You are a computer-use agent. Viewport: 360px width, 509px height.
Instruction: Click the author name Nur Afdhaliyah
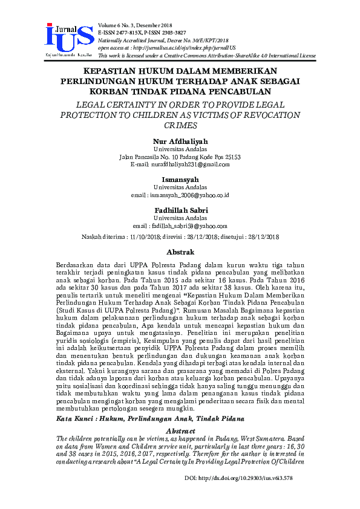tap(180, 141)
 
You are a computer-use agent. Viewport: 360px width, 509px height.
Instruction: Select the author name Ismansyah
tap(180, 180)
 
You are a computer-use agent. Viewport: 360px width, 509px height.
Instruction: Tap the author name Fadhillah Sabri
tap(180, 210)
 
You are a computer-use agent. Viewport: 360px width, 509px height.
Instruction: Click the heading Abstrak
tap(180, 251)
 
